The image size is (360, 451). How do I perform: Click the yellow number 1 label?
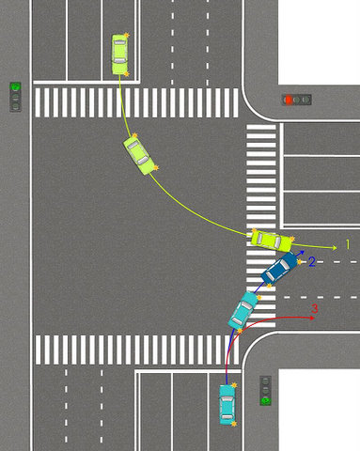348,244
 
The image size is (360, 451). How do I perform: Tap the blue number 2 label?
312,261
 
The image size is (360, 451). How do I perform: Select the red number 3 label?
315,309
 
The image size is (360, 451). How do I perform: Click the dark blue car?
279,268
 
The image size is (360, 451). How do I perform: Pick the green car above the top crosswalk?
119,54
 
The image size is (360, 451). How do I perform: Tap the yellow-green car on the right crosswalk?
271,241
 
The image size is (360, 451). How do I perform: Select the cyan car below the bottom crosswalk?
227,404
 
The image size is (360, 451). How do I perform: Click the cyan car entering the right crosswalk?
243,310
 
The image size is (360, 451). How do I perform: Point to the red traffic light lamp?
288,100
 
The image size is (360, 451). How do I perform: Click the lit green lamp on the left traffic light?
15,86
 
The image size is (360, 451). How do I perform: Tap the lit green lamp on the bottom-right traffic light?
266,400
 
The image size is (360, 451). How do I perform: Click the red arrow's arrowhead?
312,319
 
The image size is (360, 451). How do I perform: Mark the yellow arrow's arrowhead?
335,248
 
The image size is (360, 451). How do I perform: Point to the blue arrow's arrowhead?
302,252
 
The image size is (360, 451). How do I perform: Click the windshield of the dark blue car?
284,265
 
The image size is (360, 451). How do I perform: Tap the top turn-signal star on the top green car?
127,35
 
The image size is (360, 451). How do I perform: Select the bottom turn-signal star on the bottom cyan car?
234,424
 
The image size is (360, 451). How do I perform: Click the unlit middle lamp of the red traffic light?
297,100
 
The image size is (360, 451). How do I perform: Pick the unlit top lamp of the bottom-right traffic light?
266,381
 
